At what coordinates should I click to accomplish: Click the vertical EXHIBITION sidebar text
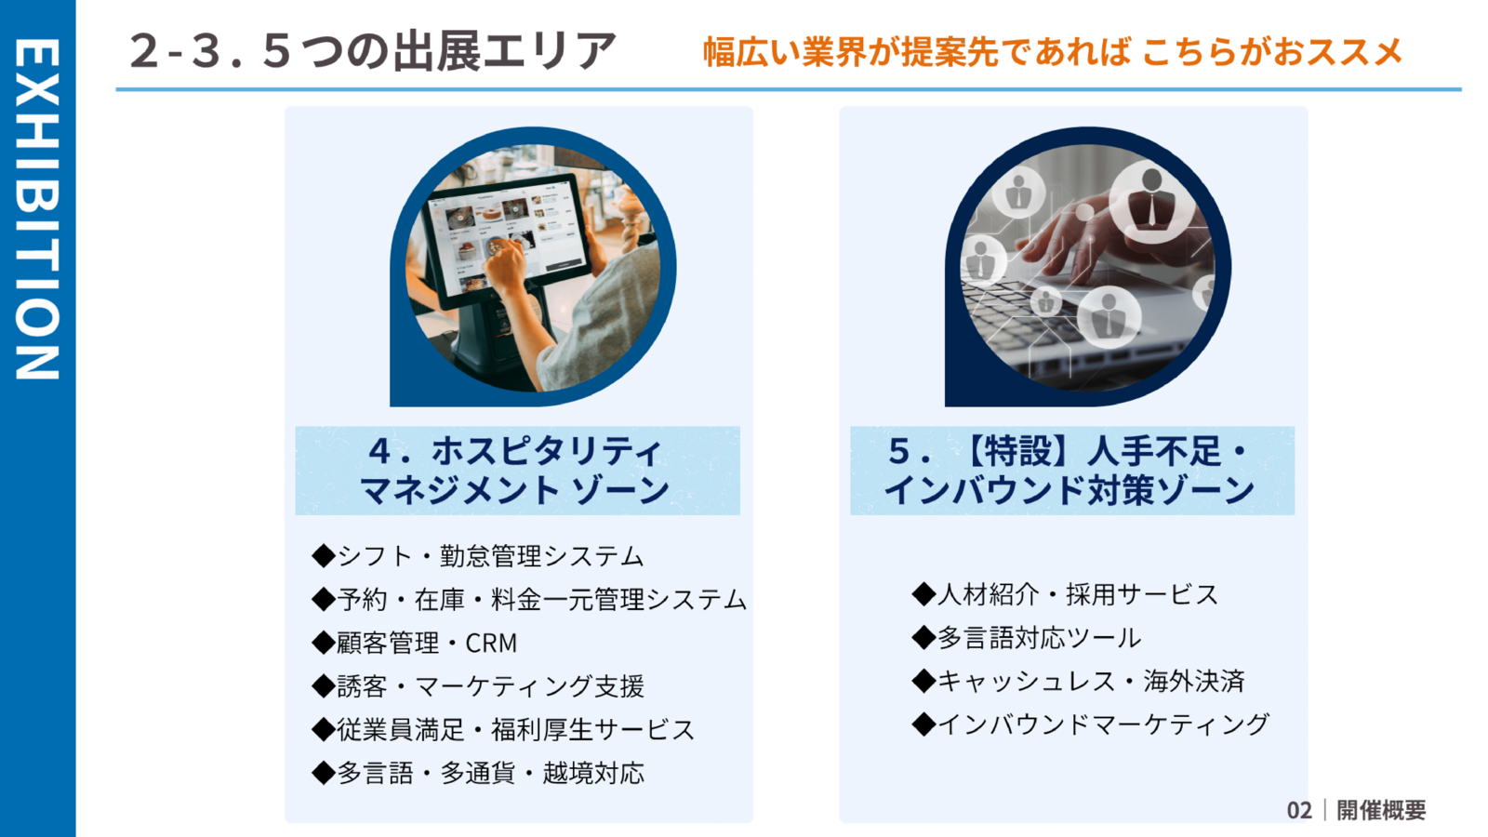tap(37, 209)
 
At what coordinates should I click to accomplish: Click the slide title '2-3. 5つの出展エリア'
tap(372, 51)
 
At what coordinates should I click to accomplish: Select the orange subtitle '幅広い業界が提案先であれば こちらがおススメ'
tap(1052, 52)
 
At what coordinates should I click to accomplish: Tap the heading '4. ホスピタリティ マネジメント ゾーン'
tap(516, 471)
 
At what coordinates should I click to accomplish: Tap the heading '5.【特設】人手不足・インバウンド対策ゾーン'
tap(1070, 471)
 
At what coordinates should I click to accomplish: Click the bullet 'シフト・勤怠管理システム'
tap(478, 556)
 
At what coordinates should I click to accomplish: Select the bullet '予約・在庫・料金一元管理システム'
tap(529, 600)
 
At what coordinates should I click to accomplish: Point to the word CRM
tap(491, 643)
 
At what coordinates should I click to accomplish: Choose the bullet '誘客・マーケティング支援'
tap(478, 686)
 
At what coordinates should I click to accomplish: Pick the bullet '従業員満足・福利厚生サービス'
tap(503, 730)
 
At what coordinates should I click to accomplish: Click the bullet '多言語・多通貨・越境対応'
tap(478, 773)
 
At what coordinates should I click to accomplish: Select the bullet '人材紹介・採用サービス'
tap(1065, 594)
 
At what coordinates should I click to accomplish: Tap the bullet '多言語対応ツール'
tap(1027, 638)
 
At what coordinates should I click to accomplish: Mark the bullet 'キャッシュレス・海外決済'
tap(1078, 681)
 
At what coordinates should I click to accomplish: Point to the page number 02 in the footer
tap(1299, 810)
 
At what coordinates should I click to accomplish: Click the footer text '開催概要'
tap(1381, 810)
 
